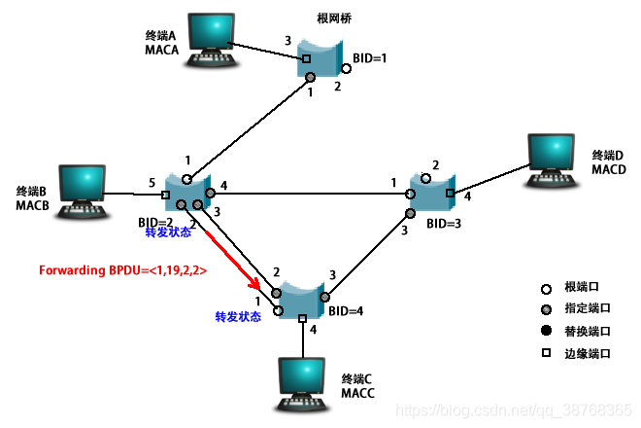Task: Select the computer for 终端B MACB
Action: [x=83, y=191]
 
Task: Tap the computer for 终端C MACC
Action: [x=302, y=379]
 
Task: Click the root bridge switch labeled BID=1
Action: [x=321, y=59]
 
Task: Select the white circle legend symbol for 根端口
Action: [x=547, y=289]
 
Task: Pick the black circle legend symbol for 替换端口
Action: [x=547, y=332]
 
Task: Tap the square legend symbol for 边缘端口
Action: [x=547, y=353]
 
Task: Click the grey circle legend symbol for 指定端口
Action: [x=547, y=310]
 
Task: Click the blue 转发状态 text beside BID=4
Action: [x=238, y=317]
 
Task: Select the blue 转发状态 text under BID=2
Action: [x=169, y=233]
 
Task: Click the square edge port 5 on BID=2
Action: [x=164, y=196]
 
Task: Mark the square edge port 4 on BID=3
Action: [x=449, y=194]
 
